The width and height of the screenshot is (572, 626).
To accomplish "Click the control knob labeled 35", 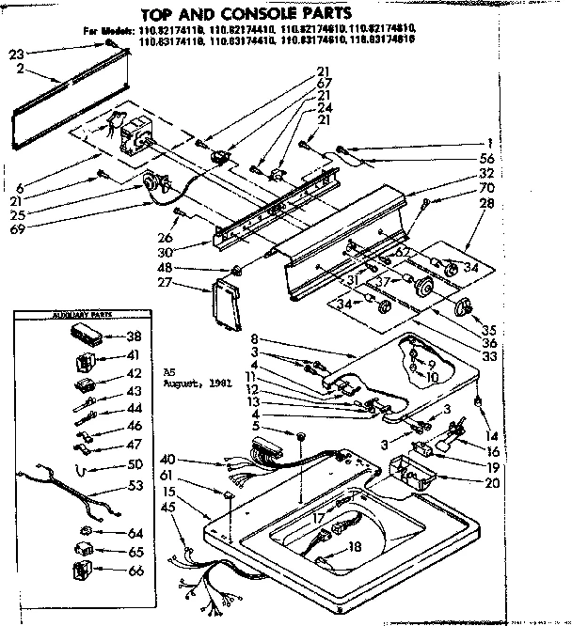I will [x=464, y=306].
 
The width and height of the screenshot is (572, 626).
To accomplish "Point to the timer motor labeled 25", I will [x=153, y=187].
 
